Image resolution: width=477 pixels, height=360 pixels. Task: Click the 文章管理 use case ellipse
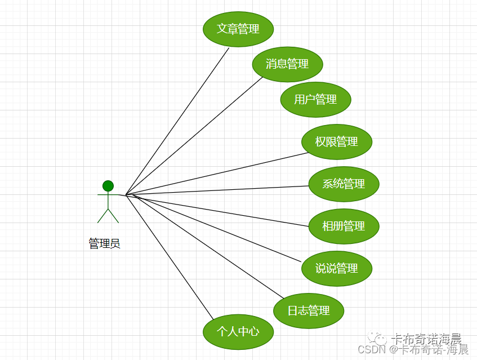point(238,29)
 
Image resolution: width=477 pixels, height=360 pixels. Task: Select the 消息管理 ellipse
point(287,64)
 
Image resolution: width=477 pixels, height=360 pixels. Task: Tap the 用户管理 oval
point(315,100)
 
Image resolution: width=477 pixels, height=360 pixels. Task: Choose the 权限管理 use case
point(337,142)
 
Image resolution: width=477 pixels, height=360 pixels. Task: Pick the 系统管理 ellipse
point(344,184)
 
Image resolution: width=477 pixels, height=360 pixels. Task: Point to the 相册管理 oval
point(344,226)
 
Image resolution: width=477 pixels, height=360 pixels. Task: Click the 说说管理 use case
point(337,269)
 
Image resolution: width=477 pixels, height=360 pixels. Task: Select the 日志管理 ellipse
point(309,310)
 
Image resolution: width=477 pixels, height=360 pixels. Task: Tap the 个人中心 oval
point(238,332)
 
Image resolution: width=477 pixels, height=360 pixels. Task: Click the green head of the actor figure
point(108,186)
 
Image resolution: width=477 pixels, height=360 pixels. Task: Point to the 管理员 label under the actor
point(104,244)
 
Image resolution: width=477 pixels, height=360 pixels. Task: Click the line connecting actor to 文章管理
point(177,121)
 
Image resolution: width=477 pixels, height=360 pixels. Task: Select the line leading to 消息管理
point(194,135)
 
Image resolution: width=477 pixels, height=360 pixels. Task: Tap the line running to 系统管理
point(217,190)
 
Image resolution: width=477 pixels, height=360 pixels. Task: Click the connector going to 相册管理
point(217,210)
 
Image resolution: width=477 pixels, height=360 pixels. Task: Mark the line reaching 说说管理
point(214,228)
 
